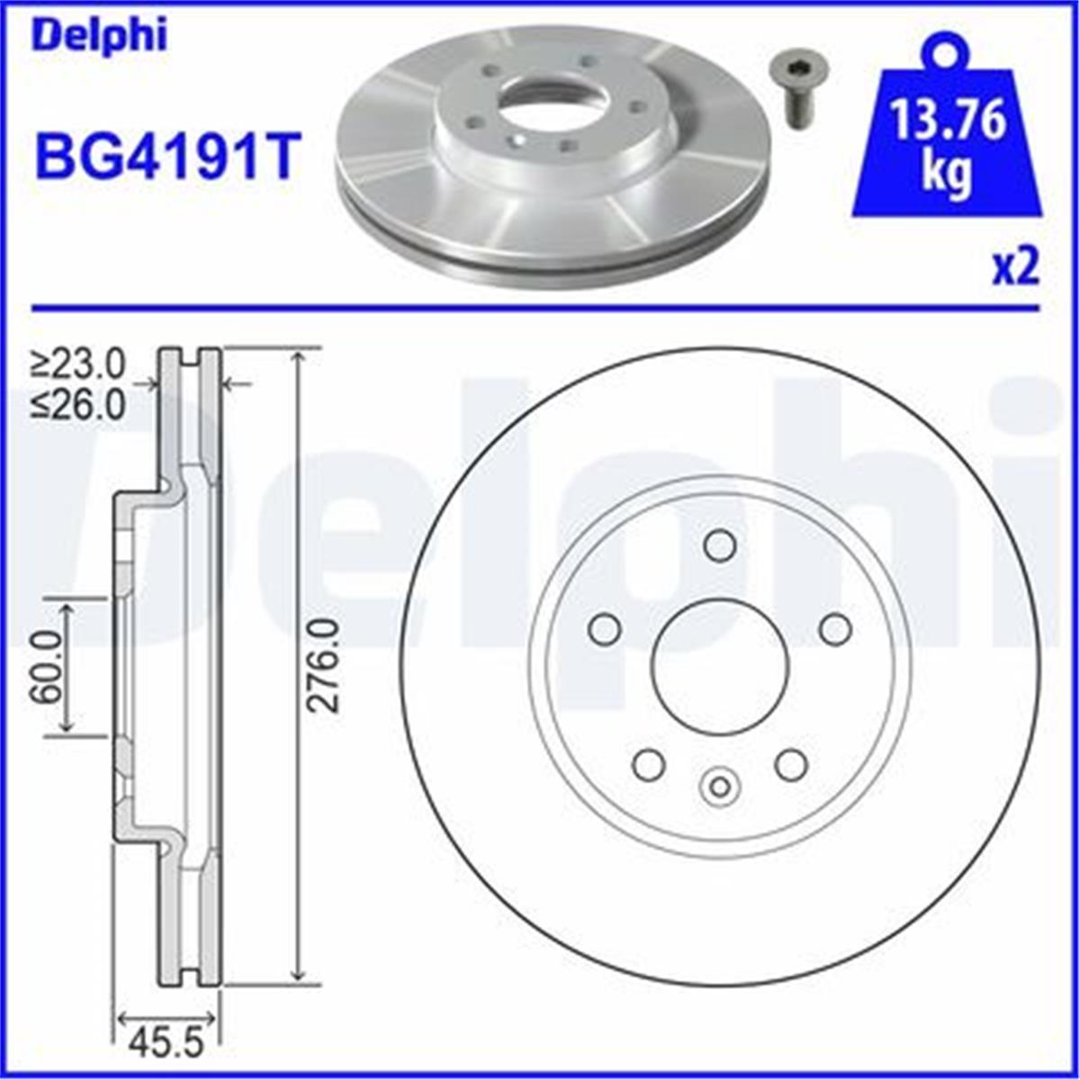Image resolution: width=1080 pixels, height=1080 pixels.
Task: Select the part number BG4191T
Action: click(165, 155)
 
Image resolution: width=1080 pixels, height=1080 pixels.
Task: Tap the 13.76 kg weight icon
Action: click(947, 135)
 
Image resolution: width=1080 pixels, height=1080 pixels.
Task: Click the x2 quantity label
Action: click(1015, 267)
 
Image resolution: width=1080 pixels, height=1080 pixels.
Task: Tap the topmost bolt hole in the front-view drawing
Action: click(720, 544)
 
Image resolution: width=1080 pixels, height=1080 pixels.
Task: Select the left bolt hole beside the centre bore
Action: click(604, 628)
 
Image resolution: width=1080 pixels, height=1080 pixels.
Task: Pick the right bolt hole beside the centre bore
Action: click(835, 628)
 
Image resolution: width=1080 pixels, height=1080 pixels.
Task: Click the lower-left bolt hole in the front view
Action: click(648, 764)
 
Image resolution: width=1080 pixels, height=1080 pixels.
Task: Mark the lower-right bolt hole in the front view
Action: click(791, 764)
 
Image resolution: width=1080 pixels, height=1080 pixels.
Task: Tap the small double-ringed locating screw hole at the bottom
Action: click(720, 786)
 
